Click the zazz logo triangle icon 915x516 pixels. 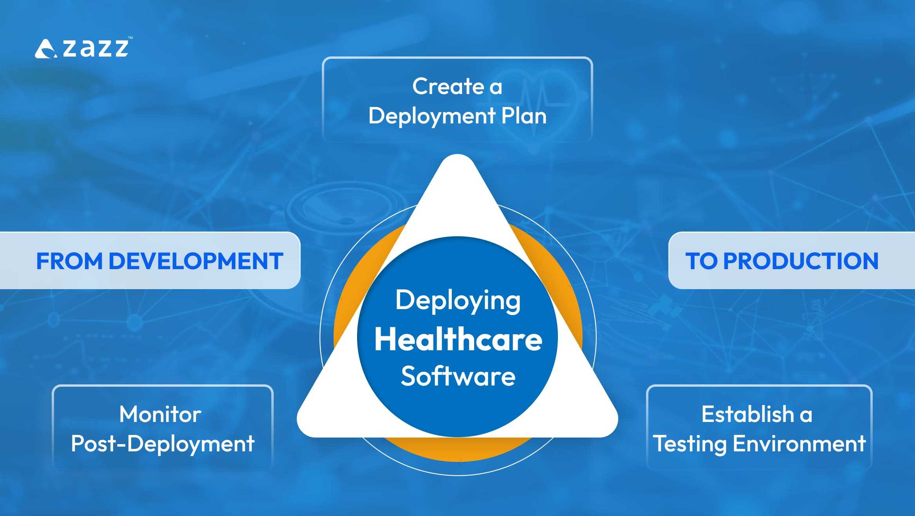pos(45,49)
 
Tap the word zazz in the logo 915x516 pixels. pos(96,48)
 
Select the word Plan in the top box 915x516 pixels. pos(524,116)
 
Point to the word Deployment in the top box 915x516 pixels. pos(432,117)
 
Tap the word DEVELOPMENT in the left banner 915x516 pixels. pos(196,261)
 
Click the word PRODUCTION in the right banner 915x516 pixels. pos(801,261)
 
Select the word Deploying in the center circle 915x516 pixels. pos(458,301)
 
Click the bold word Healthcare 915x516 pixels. pos(458,339)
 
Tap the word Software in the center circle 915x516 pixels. pos(458,376)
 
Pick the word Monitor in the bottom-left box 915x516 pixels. pos(160,414)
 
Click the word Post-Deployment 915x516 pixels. pos(162,444)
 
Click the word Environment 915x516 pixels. pos(799,444)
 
